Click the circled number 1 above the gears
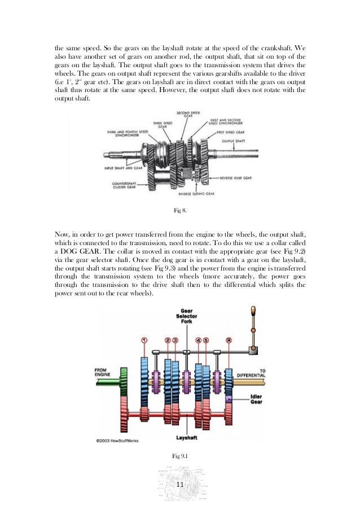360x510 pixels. [144, 340]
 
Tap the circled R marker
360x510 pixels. [227, 340]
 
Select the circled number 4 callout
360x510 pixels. [198, 340]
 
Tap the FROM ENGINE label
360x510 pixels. [106, 374]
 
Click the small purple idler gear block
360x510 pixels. [229, 399]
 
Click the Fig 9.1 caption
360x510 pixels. [179, 455]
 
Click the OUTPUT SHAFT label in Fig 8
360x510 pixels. [236, 141]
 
